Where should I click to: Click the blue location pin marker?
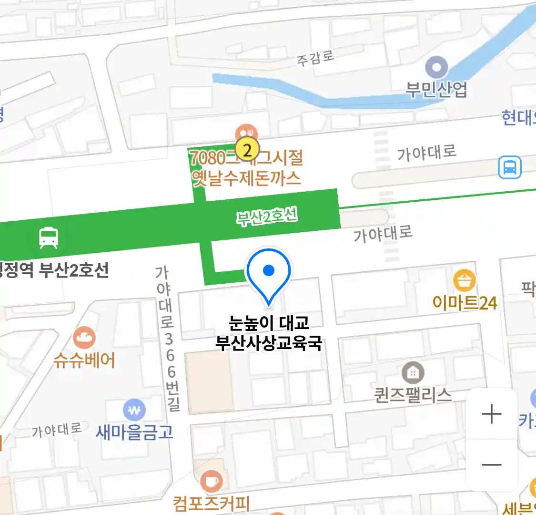pyautogui.click(x=269, y=274)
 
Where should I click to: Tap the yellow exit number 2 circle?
pyautogui.click(x=247, y=150)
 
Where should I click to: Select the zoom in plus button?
pyautogui.click(x=491, y=414)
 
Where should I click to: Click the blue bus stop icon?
pyautogui.click(x=509, y=168)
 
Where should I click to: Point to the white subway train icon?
pyautogui.click(x=49, y=237)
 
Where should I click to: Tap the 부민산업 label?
pyautogui.click(x=436, y=90)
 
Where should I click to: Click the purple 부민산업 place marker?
pyautogui.click(x=436, y=67)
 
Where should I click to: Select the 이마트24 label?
pyautogui.click(x=465, y=303)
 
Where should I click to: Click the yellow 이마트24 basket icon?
pyautogui.click(x=464, y=280)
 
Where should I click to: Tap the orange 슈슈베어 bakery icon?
pyautogui.click(x=84, y=338)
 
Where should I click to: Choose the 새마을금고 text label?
pyautogui.click(x=134, y=433)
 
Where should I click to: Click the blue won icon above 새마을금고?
pyautogui.click(x=134, y=410)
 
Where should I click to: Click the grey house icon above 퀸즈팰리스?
pyautogui.click(x=413, y=373)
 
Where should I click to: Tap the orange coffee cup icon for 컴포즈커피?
pyautogui.click(x=211, y=482)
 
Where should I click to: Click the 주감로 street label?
pyautogui.click(x=315, y=58)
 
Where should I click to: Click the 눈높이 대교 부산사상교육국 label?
pyautogui.click(x=269, y=333)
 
